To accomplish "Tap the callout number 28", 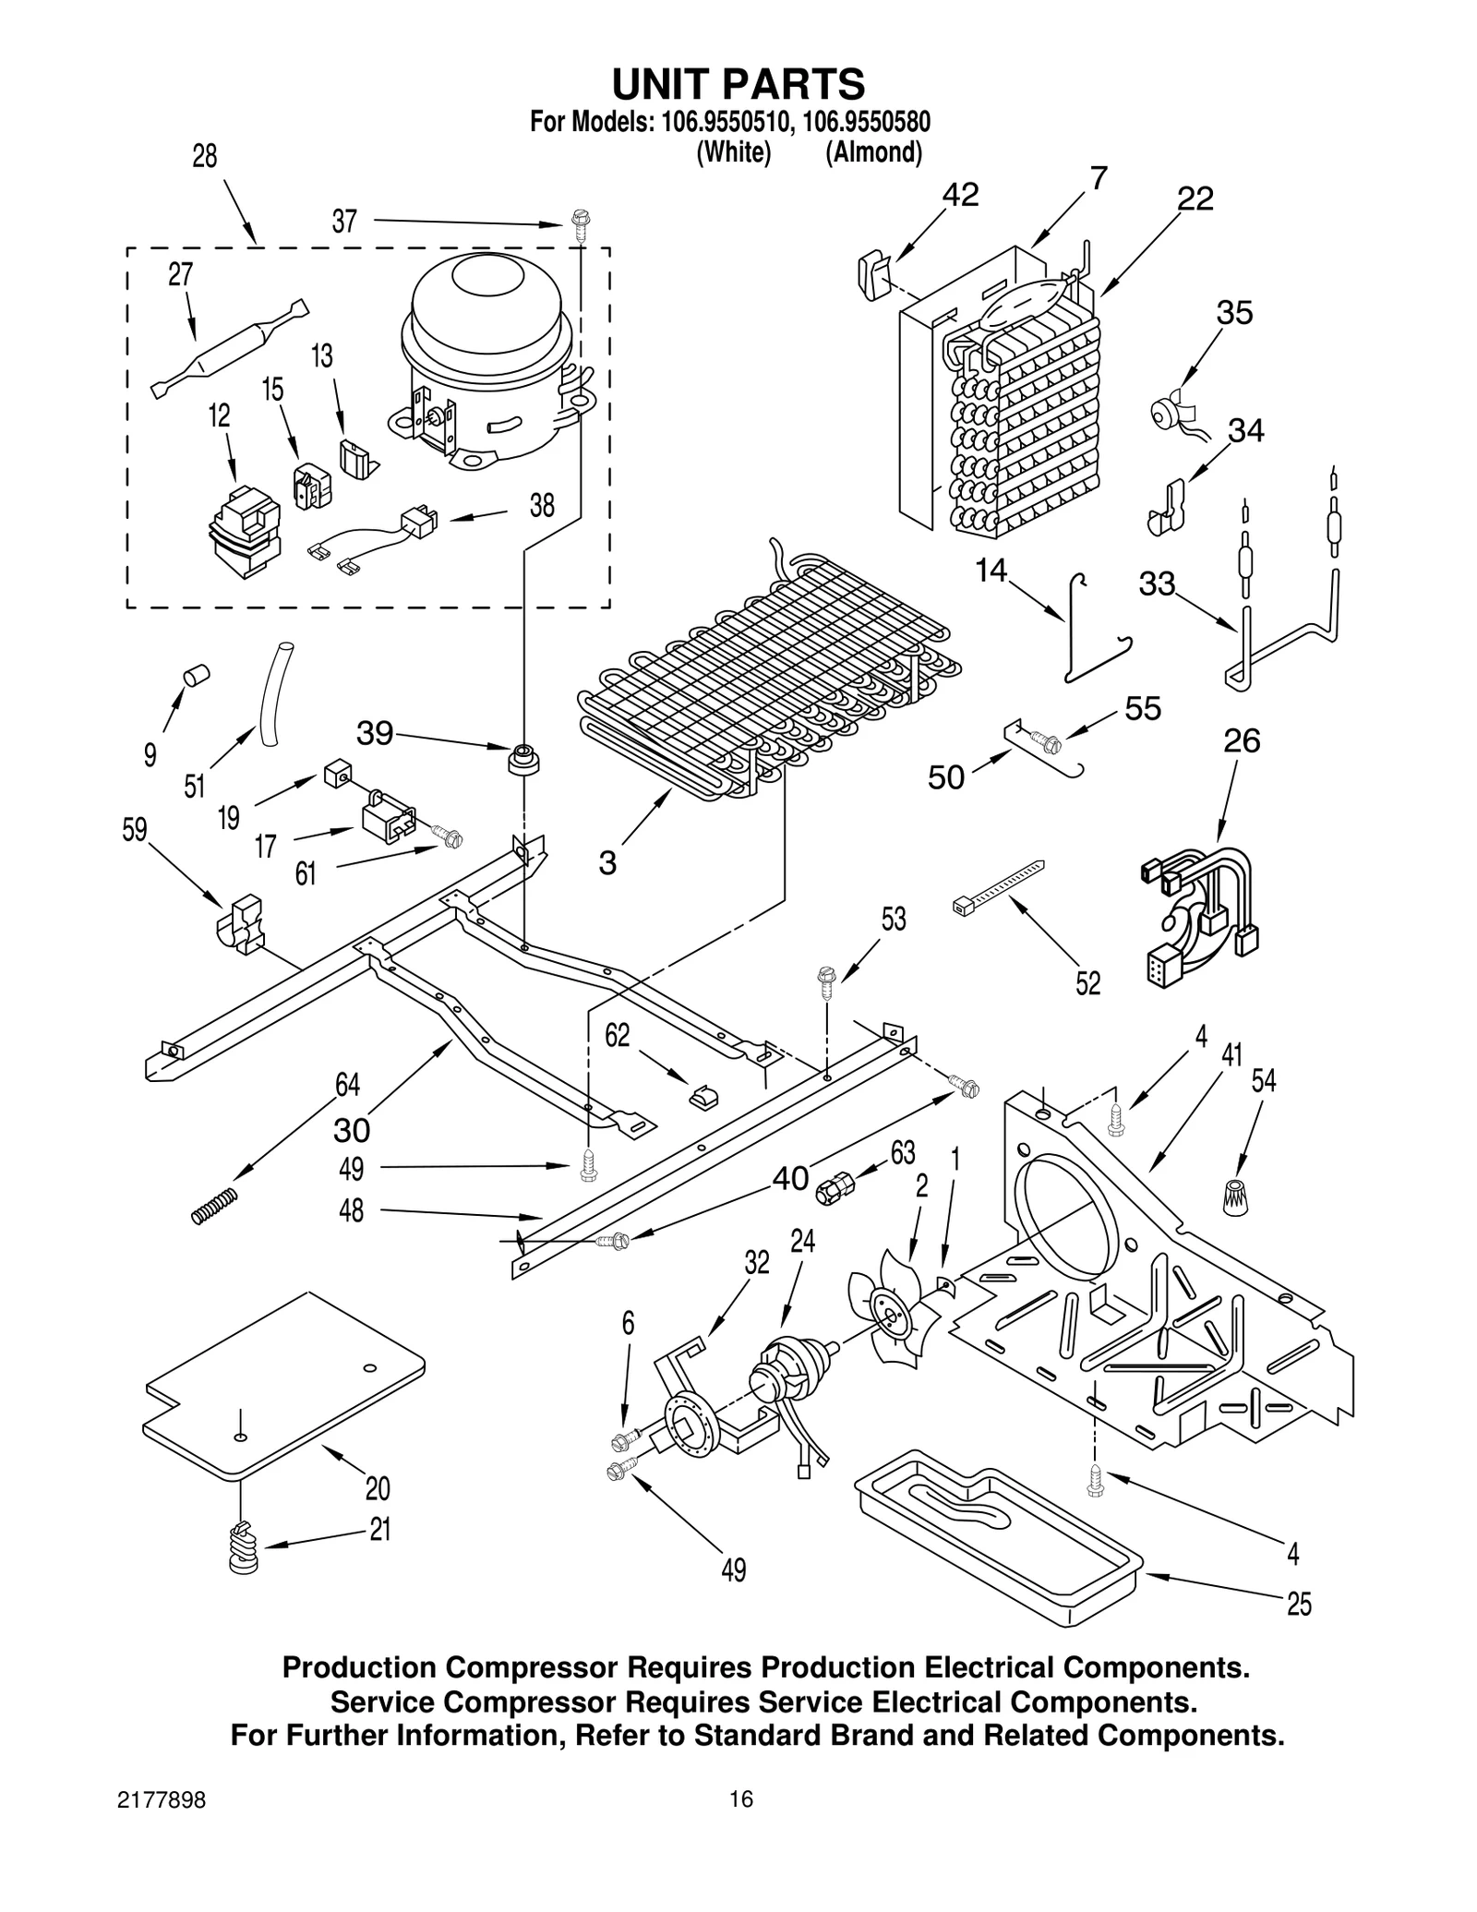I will pos(204,156).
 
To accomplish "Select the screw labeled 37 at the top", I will pos(580,224).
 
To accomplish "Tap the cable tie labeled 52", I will pos(997,885).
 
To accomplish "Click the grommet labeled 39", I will pos(523,761).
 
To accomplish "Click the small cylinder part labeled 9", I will pos(197,675).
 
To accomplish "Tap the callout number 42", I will pos(959,195).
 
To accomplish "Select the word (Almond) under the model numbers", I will pos(872,152).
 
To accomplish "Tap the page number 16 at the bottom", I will pos(740,1798).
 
